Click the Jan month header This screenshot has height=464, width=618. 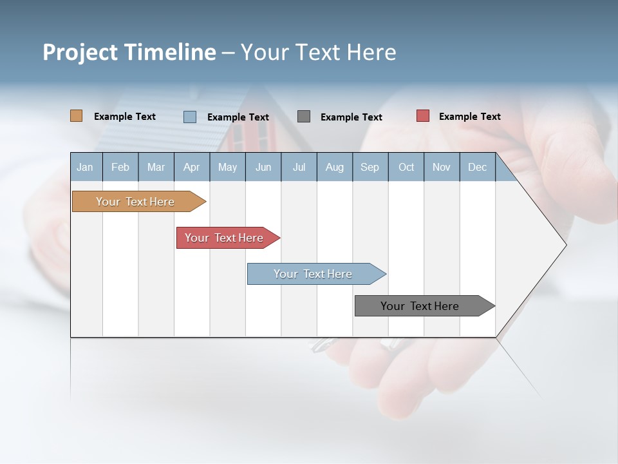pos(86,167)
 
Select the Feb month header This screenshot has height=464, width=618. pos(120,167)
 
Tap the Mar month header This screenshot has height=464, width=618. pos(156,167)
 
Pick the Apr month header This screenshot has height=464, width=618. pos(192,167)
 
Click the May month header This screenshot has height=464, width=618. pos(227,167)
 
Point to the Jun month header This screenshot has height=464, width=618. pos(263,167)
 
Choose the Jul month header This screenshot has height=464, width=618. pos(299,167)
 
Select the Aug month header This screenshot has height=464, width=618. pos(335,167)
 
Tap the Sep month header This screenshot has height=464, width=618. pos(370,167)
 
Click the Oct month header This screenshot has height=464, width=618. pos(406,167)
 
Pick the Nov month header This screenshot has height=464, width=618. pos(442,167)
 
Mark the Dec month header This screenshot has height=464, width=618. pos(478,167)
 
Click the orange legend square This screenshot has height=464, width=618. pos(77,116)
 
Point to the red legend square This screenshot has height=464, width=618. pos(423,116)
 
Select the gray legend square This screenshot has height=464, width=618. pos(304,116)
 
